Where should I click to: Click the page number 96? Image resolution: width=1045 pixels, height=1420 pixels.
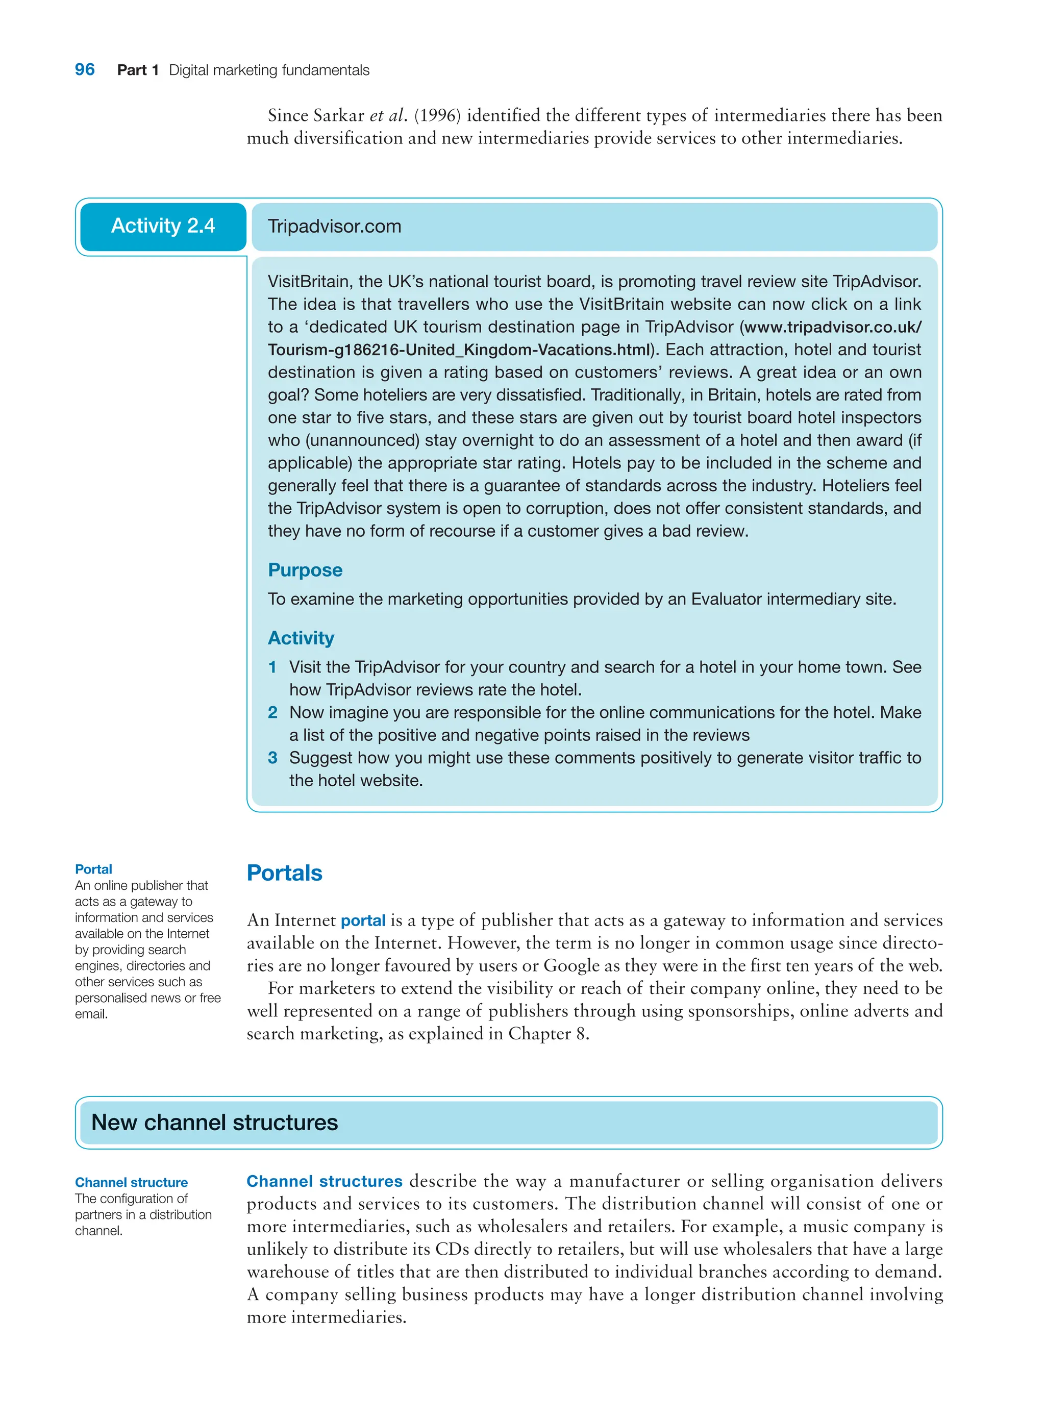(x=85, y=69)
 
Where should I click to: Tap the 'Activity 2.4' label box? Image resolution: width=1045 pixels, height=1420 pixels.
(x=163, y=226)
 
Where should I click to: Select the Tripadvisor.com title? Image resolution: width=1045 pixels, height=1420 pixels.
(x=334, y=227)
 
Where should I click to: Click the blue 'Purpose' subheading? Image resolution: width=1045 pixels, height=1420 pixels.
(x=305, y=570)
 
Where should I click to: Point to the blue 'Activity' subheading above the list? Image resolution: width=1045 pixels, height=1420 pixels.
(x=301, y=638)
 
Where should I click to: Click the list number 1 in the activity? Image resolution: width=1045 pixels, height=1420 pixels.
(x=272, y=667)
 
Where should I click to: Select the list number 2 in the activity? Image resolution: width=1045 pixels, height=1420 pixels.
(x=272, y=712)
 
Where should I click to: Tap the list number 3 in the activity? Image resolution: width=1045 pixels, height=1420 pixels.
(x=272, y=758)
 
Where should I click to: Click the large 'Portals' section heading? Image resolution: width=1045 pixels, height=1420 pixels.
(x=284, y=873)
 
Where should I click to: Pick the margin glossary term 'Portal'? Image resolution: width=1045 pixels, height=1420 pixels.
(x=93, y=869)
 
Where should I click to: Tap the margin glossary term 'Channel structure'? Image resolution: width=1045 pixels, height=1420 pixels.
(x=131, y=1182)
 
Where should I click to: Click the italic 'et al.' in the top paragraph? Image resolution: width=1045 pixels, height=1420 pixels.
(x=388, y=116)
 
